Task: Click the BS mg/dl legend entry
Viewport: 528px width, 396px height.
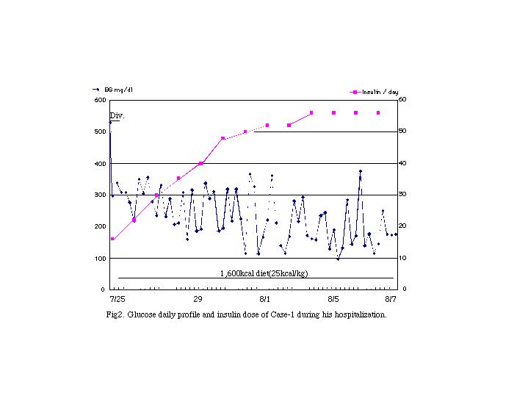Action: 117,90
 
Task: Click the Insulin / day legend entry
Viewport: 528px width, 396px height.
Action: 375,92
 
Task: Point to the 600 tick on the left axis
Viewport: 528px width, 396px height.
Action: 100,100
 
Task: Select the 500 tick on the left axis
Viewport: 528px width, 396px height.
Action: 100,132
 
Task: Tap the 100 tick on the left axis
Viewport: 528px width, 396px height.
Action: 100,259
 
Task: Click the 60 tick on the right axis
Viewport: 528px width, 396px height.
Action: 402,100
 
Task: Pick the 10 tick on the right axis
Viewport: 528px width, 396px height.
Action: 402,259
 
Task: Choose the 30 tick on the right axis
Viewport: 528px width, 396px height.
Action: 402,195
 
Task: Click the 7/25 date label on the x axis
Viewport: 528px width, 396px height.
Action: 117,300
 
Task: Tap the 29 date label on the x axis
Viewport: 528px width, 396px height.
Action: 198,300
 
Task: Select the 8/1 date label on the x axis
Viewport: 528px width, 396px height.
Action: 265,300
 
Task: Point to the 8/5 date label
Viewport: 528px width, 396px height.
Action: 333,300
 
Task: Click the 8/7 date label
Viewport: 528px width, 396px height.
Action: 391,300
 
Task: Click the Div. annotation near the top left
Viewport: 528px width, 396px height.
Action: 117,116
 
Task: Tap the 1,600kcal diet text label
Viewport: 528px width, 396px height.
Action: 264,273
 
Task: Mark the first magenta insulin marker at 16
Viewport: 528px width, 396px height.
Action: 112,239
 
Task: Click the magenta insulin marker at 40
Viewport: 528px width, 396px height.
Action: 200,163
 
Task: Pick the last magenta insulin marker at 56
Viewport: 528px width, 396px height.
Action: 378,112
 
